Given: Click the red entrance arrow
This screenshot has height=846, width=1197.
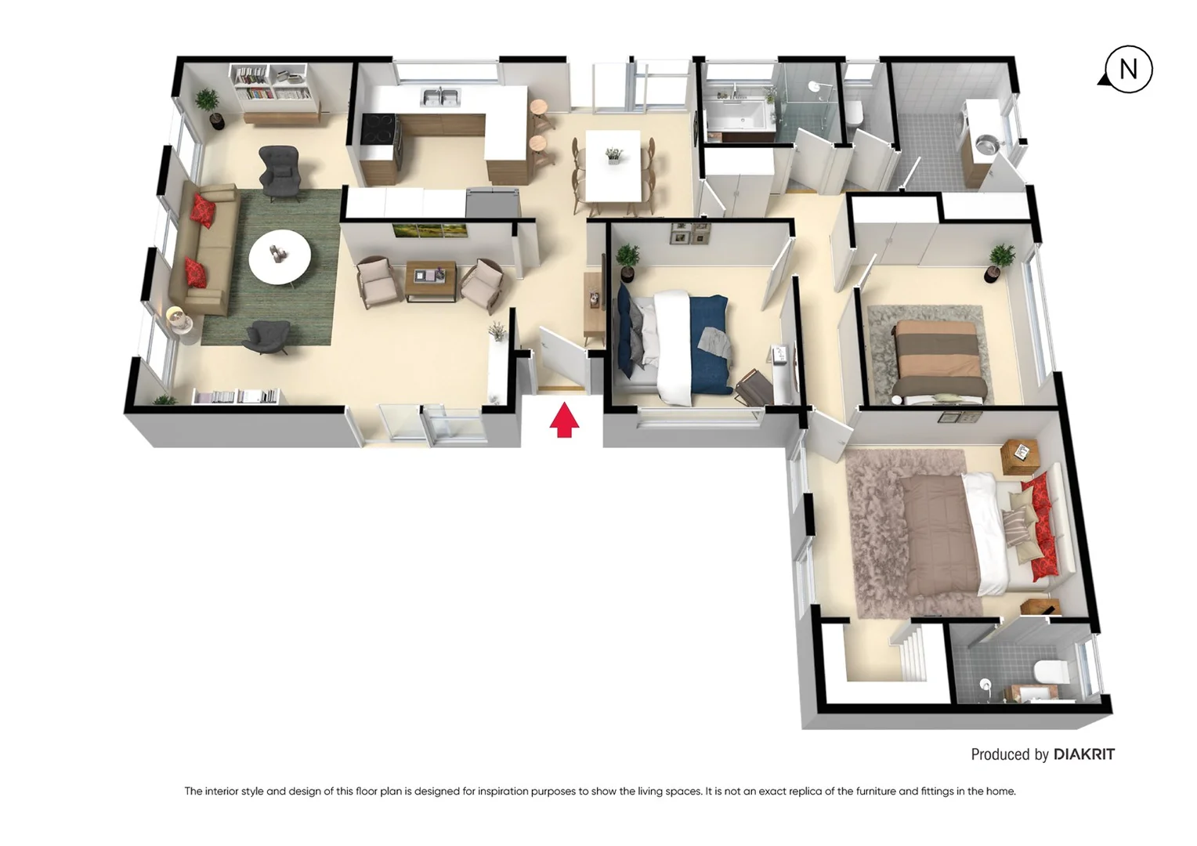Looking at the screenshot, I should [564, 421].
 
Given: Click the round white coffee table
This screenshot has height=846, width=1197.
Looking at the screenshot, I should [280, 257].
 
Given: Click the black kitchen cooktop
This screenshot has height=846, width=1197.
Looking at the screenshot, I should [377, 129].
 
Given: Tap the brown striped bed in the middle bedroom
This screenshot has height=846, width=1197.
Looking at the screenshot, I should [938, 356].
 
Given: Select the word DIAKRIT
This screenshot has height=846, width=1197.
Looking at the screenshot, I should [1084, 754].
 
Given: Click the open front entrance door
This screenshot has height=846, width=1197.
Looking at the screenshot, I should [562, 360].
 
